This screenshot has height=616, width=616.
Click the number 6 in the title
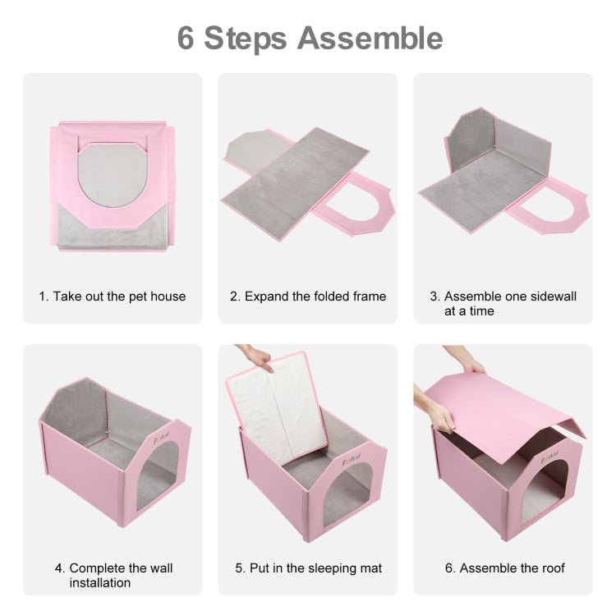click(x=186, y=38)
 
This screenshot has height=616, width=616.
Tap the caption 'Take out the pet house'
click(x=113, y=296)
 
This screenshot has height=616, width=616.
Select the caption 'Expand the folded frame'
click(x=307, y=296)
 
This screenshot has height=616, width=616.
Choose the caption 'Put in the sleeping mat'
click(x=307, y=568)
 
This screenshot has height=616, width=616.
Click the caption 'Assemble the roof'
click(x=503, y=568)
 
